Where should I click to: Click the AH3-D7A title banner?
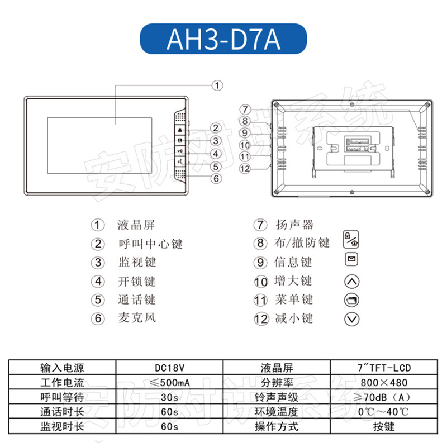tap(223, 39)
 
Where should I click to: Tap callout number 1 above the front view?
tap(218, 85)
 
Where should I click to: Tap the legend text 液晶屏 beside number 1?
tap(136, 225)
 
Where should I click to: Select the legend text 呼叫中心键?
tap(150, 244)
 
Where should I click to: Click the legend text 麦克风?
tap(137, 318)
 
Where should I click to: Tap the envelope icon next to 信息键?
tap(352, 260)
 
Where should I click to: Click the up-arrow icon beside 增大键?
tap(353, 281)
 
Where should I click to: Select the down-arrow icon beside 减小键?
tap(353, 319)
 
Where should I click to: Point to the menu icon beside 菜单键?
tap(353, 300)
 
